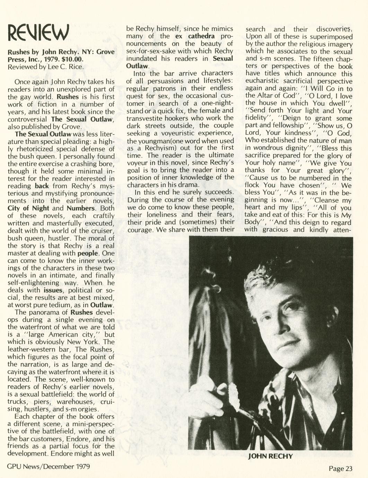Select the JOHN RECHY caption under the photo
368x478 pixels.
pos(270,456)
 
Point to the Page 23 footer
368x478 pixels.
pos(340,468)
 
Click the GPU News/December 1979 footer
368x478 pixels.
pos(49,466)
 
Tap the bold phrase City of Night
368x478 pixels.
pos(28,208)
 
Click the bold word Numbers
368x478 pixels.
pos(81,208)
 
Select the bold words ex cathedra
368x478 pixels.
pos(195,36)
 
